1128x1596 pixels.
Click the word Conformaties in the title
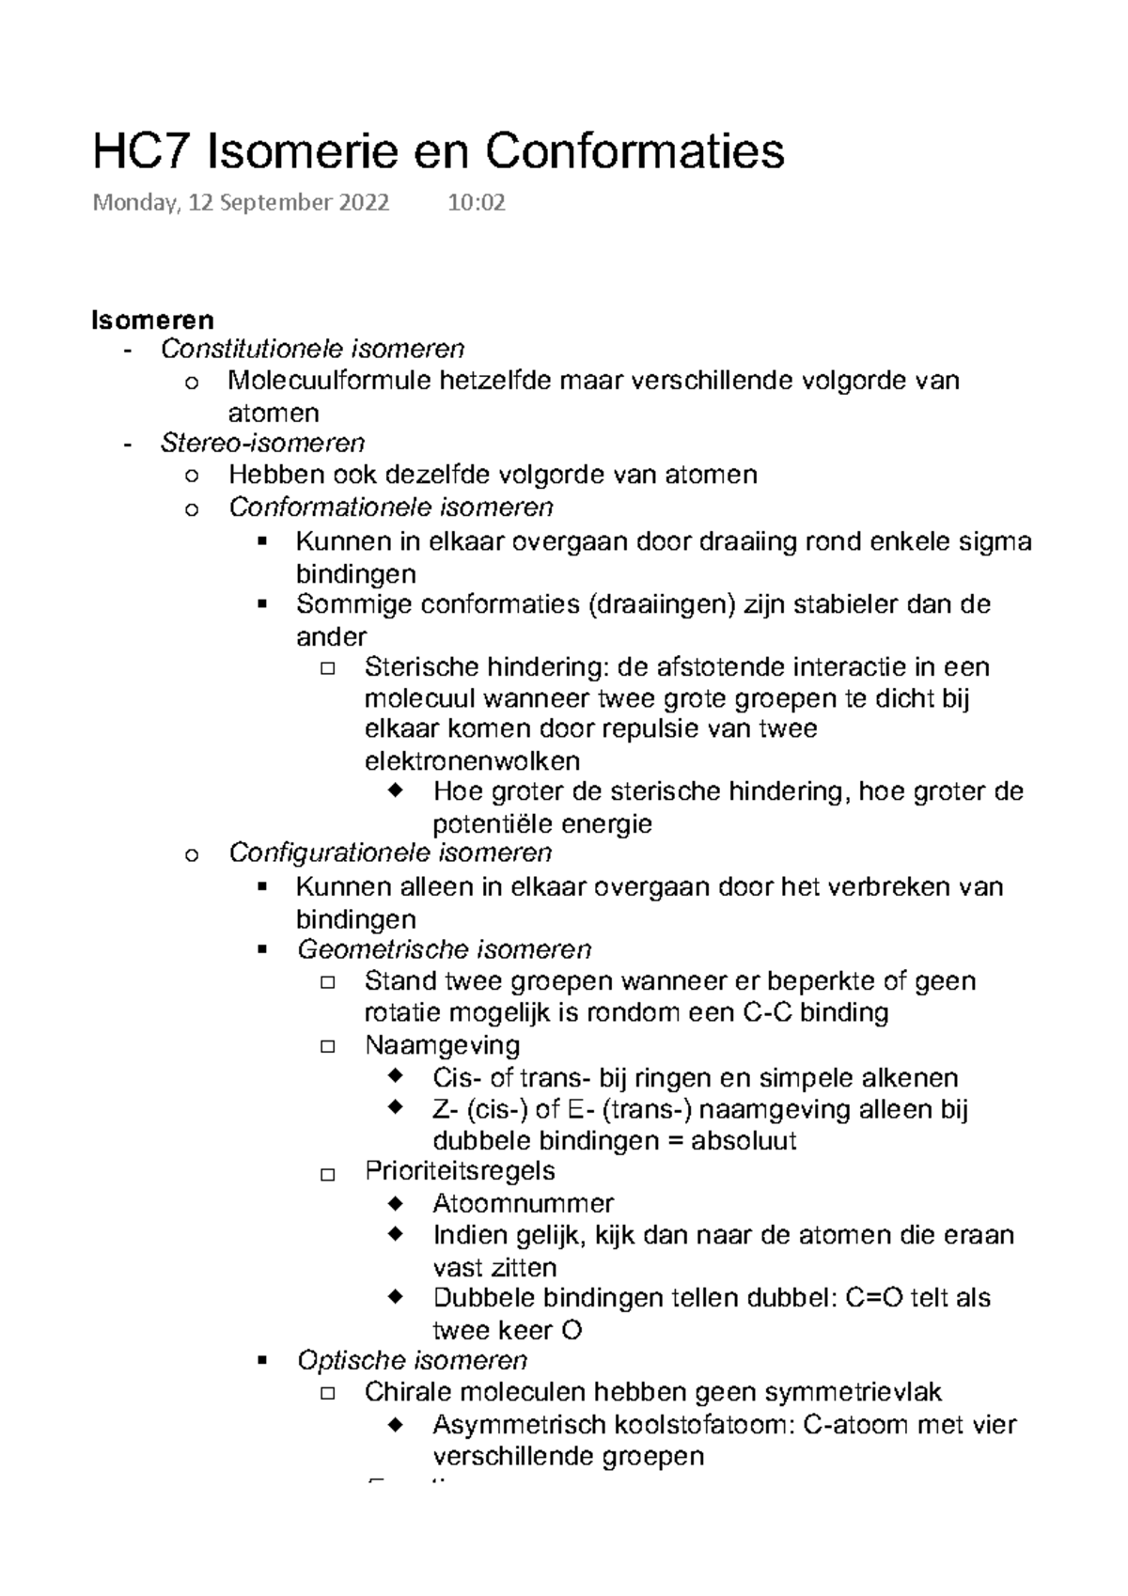pyautogui.click(x=634, y=151)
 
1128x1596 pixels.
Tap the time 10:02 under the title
pyautogui.click(x=477, y=203)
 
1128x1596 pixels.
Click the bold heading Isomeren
pyautogui.click(x=152, y=320)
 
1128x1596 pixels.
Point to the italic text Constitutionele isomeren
pyautogui.click(x=312, y=350)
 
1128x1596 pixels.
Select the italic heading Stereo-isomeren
pyautogui.click(x=262, y=443)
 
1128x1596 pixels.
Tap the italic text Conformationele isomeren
pyautogui.click(x=390, y=508)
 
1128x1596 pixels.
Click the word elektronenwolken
pyautogui.click(x=472, y=760)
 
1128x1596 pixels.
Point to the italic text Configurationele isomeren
pyautogui.click(x=390, y=853)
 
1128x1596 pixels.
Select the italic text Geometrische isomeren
pyautogui.click(x=444, y=949)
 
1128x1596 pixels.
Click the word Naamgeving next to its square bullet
pyautogui.click(x=442, y=1045)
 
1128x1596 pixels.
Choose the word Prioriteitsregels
pyautogui.click(x=460, y=1171)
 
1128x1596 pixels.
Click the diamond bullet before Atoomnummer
pyautogui.click(x=395, y=1202)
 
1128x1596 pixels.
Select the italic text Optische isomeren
pyautogui.click(x=412, y=1360)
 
